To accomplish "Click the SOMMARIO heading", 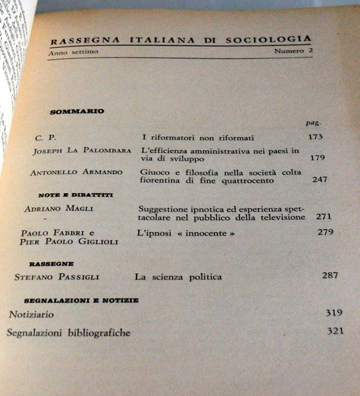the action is click(77, 112).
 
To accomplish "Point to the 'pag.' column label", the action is click(313, 123).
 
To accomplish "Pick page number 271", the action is click(323, 216).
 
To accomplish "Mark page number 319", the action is click(334, 312).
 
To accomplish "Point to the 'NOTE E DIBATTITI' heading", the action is click(63, 196).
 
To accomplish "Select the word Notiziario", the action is click(31, 314).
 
